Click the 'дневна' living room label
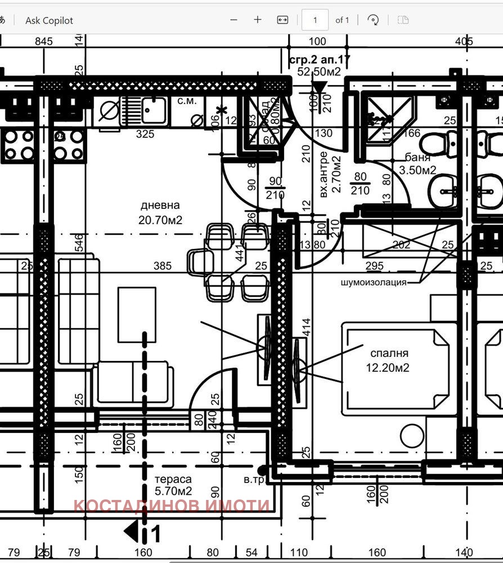[x=160, y=205]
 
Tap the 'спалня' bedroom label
[x=389, y=354]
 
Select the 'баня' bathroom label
[x=417, y=158]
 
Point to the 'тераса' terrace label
[x=173, y=479]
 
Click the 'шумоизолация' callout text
[x=373, y=282]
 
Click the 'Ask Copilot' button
[x=49, y=20]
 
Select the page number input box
[x=315, y=20]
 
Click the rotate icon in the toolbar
[x=372, y=20]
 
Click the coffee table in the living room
[x=137, y=314]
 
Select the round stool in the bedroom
[x=412, y=436]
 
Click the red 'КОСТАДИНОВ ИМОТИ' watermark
[x=172, y=505]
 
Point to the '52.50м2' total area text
[x=319, y=72]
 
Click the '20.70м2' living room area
[x=160, y=220]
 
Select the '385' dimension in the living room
[x=163, y=266]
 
